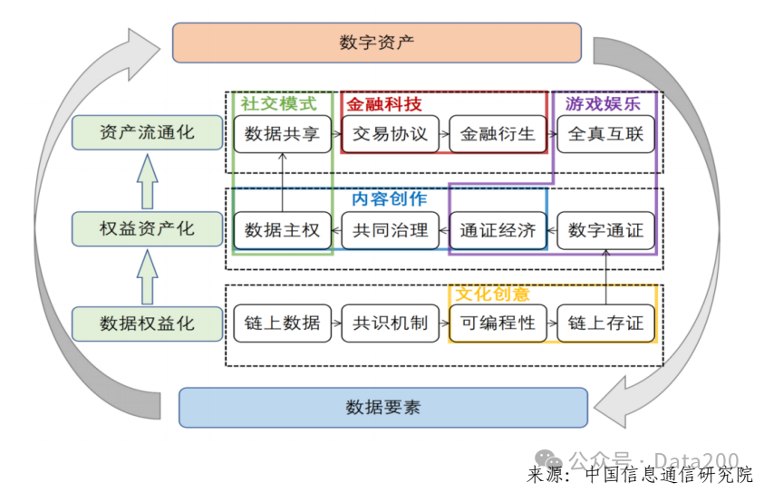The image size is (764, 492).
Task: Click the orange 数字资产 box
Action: tap(376, 43)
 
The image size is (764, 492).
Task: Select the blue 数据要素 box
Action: tap(382, 407)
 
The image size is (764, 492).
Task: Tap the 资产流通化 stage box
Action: tap(147, 132)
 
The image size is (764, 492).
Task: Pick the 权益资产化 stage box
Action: tap(147, 228)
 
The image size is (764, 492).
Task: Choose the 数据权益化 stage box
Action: tap(147, 323)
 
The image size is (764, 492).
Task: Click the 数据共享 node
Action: tap(282, 134)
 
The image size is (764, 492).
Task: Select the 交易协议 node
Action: tap(390, 134)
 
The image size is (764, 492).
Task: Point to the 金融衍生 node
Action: tap(498, 134)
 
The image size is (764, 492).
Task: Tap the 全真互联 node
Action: tap(605, 134)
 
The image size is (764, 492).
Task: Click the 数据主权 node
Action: tap(282, 230)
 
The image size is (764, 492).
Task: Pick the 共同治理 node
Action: tap(390, 230)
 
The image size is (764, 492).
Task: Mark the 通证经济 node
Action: tap(498, 230)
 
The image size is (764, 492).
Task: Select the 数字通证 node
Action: tap(605, 230)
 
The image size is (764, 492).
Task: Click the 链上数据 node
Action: tap(282, 323)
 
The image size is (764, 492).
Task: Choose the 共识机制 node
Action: tap(390, 323)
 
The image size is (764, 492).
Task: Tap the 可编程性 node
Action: tap(498, 323)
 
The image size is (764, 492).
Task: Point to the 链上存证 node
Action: tap(605, 323)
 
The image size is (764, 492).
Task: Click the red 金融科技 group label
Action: tap(383, 104)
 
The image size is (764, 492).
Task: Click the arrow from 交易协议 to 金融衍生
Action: tap(444, 134)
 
